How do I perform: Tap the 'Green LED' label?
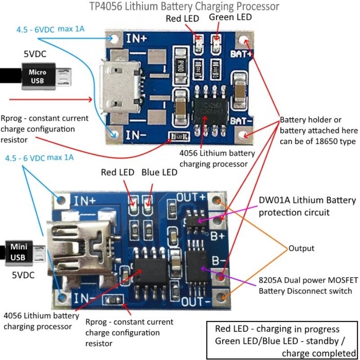(x=231, y=17)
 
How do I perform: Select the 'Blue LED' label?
(x=159, y=172)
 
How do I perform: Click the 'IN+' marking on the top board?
(x=136, y=39)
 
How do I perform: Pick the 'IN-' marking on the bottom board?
(x=84, y=297)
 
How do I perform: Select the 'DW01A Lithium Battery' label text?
(x=307, y=200)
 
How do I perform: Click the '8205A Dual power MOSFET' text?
(x=306, y=281)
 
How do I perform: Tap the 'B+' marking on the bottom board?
(x=219, y=234)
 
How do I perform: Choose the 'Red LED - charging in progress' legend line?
(x=277, y=329)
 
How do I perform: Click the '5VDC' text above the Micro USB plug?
(x=35, y=54)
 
